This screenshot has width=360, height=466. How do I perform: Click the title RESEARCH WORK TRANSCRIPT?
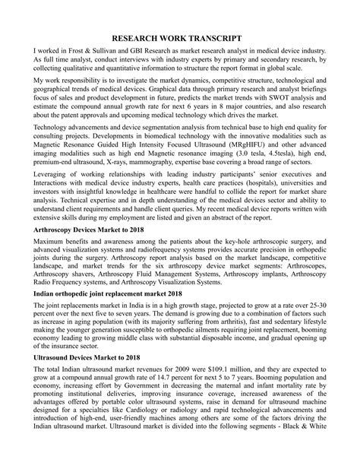click(180, 37)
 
